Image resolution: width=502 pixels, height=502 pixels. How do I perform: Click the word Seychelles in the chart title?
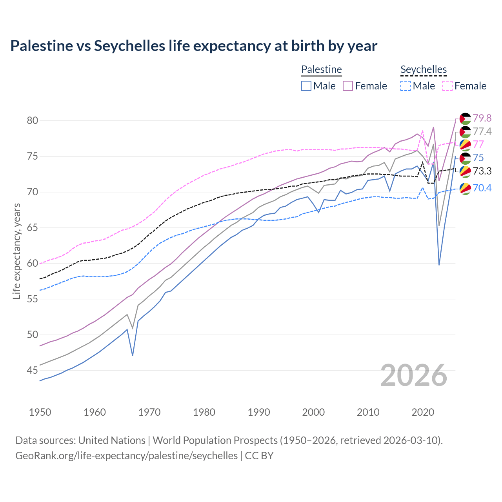[129, 46]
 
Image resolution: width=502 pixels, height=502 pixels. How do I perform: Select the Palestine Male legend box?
[306, 86]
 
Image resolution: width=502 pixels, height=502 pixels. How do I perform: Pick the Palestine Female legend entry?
[365, 86]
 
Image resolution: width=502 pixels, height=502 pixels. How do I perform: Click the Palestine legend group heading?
[322, 69]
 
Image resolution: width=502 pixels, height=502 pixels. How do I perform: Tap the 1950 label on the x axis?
[40, 412]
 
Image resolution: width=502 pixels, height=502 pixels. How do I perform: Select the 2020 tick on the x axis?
[423, 412]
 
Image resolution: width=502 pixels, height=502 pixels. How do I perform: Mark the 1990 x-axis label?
[259, 412]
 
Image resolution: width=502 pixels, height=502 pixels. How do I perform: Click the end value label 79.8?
[482, 118]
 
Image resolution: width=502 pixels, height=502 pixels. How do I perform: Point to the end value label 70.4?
[482, 188]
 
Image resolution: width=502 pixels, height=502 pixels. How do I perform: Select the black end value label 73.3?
[482, 171]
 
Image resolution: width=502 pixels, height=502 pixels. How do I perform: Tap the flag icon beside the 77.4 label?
[465, 132]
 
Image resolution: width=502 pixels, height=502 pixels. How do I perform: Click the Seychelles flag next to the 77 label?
[465, 145]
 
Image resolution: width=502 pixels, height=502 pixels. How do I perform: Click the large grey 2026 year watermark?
[414, 375]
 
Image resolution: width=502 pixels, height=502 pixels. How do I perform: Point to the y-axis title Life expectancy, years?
[17, 251]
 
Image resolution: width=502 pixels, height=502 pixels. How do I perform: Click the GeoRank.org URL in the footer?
[126, 456]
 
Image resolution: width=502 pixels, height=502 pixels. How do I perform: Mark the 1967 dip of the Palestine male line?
[133, 355]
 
